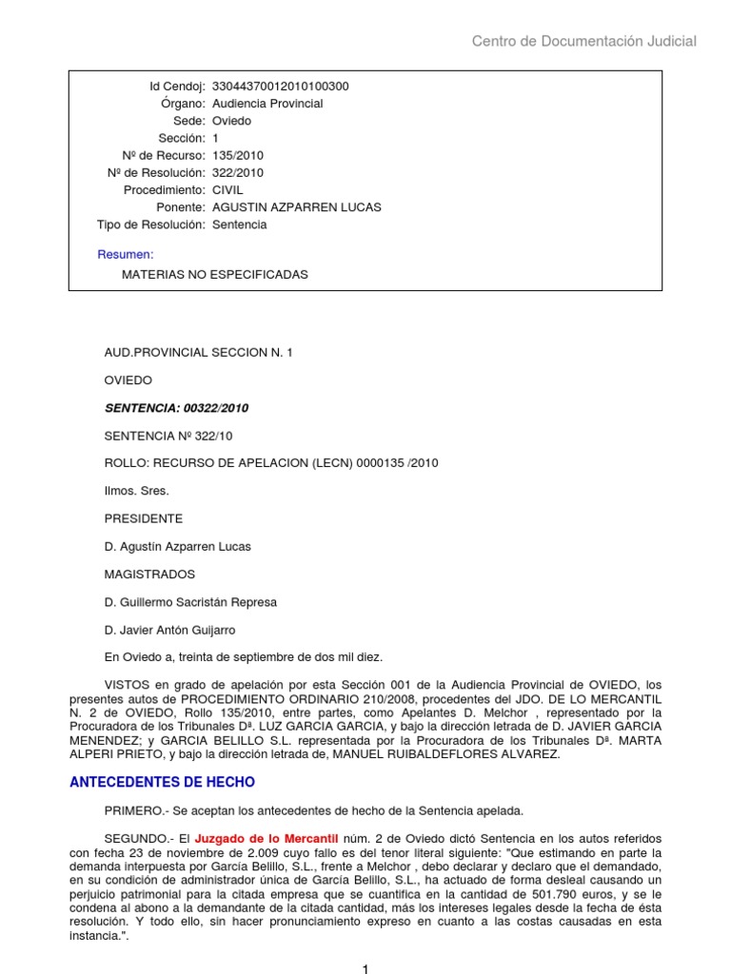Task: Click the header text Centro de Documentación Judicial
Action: click(584, 41)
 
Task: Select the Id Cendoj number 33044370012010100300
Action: click(280, 87)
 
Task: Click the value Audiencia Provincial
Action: click(267, 104)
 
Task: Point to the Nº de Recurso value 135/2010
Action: click(238, 156)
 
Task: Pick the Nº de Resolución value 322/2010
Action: click(238, 173)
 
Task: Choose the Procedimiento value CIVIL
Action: click(227, 190)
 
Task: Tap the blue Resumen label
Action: click(126, 254)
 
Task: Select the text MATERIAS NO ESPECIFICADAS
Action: click(215, 275)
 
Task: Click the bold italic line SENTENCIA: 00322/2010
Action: click(176, 408)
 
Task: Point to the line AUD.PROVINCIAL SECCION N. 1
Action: click(199, 353)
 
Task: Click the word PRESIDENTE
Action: click(143, 519)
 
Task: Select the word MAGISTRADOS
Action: click(149, 575)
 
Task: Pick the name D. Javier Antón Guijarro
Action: click(170, 630)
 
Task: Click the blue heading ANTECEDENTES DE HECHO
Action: click(163, 783)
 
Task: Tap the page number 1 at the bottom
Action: click(365, 968)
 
